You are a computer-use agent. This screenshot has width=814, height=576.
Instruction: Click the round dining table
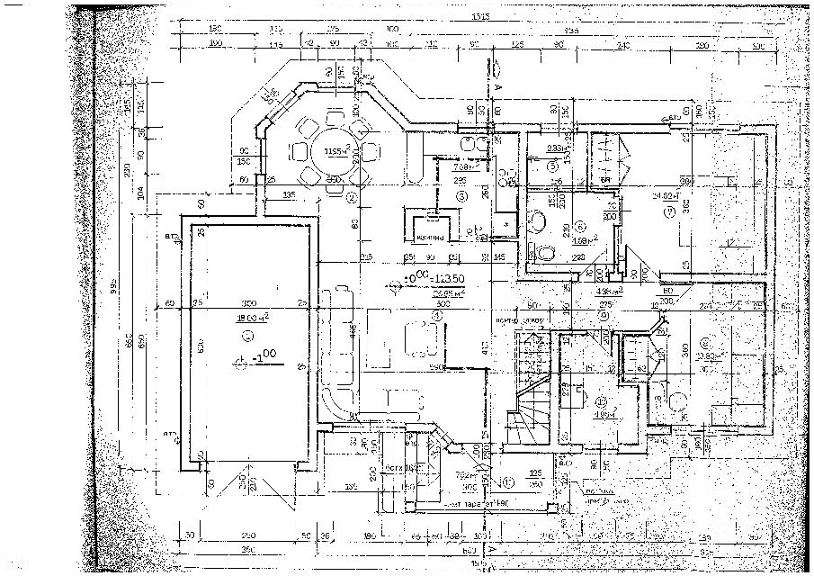point(330,151)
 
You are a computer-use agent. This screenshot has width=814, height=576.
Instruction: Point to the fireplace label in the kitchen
point(433,238)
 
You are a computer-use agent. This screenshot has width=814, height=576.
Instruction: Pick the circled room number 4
point(438,316)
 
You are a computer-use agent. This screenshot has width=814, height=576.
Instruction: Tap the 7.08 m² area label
point(461,166)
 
